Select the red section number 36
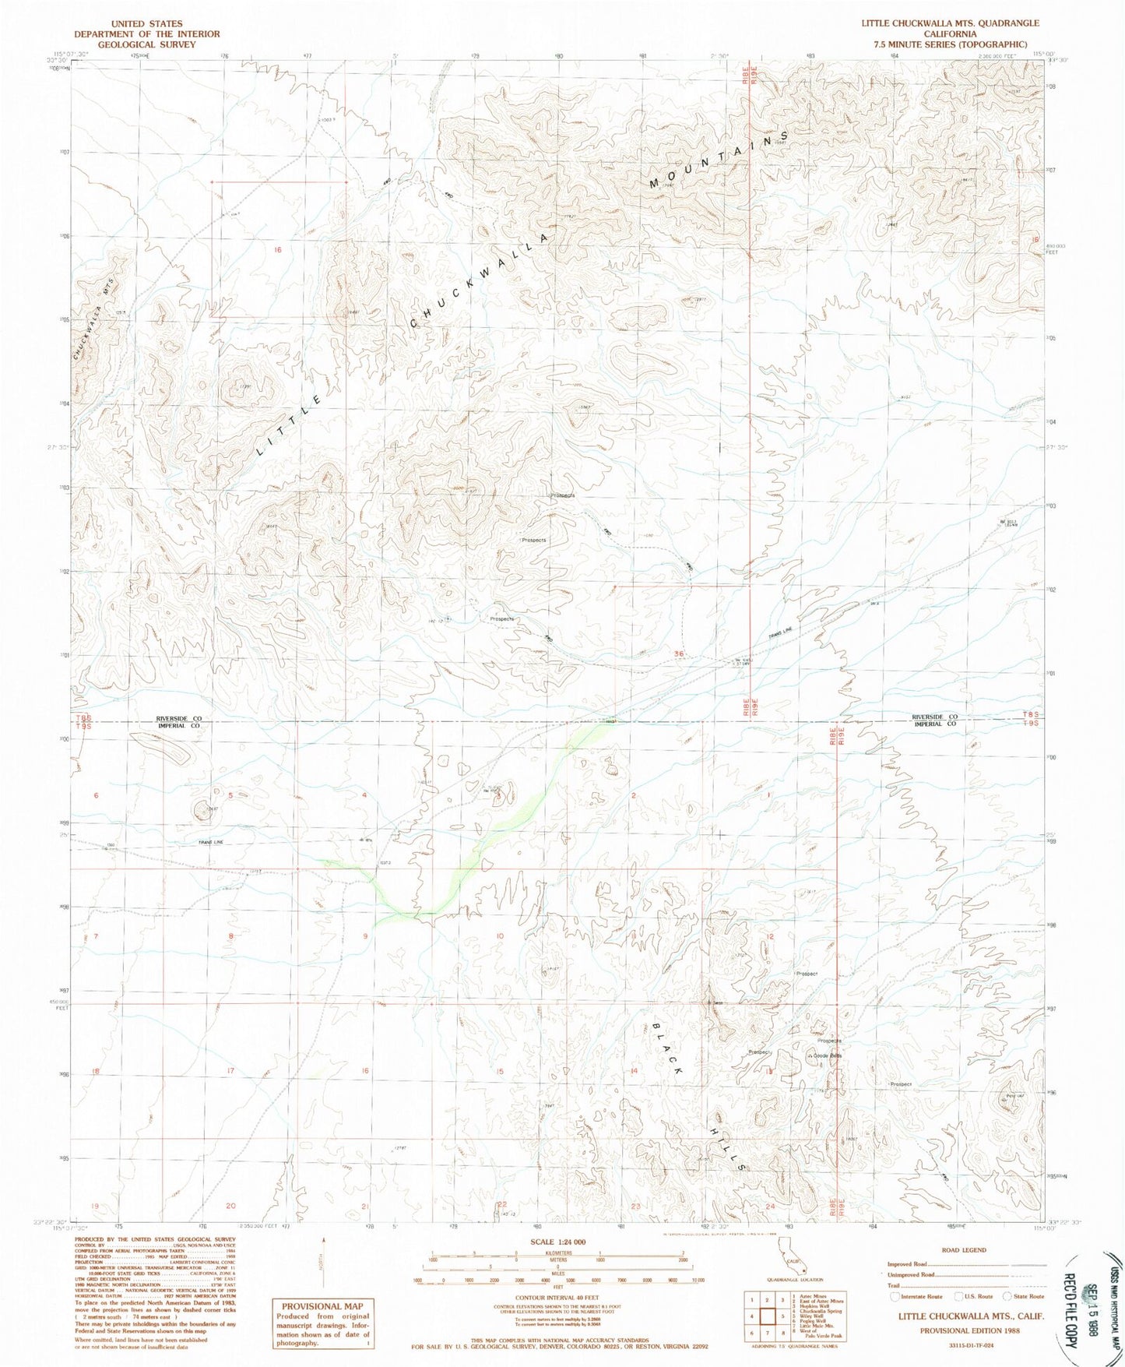(x=680, y=654)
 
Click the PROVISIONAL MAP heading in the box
(x=322, y=1306)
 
